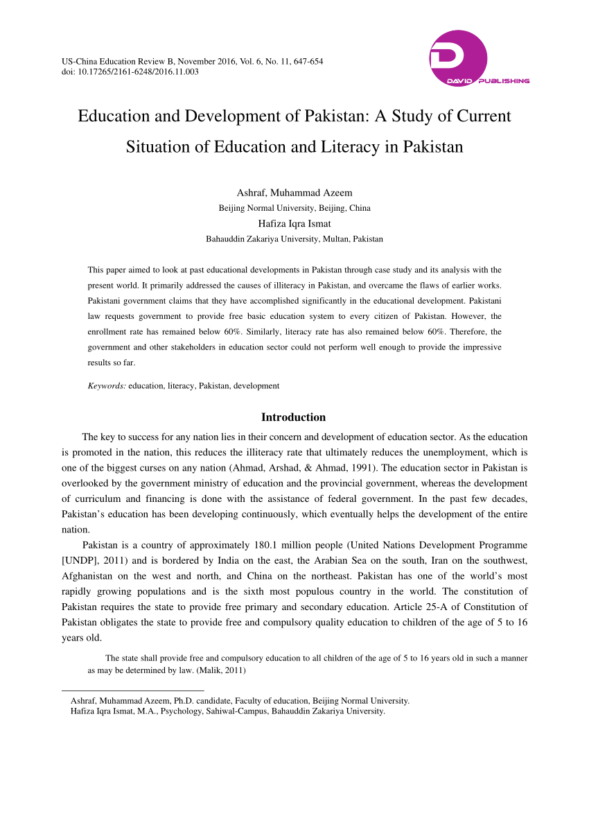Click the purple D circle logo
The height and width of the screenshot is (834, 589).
(x=457, y=58)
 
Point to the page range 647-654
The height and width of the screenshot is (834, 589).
(x=306, y=62)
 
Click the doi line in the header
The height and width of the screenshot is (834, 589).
(x=130, y=71)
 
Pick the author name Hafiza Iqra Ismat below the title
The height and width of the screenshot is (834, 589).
(x=294, y=223)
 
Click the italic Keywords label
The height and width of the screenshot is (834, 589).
(x=107, y=385)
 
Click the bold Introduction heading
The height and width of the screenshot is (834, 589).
(x=293, y=417)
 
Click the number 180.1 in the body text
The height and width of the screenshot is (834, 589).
(x=294, y=546)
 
